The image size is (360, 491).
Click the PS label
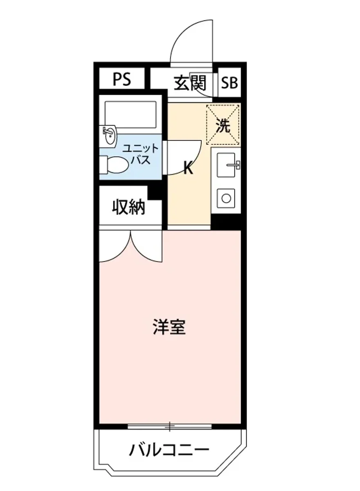(x=122, y=79)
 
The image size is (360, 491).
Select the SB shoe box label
(x=229, y=83)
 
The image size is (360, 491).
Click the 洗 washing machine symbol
(x=223, y=125)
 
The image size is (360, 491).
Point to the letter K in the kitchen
(x=188, y=168)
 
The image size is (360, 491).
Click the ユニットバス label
(x=140, y=154)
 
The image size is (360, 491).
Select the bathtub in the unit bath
(x=130, y=111)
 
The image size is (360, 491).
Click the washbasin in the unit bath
(x=110, y=135)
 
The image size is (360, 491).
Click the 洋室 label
(x=169, y=327)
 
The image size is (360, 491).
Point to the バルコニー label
(x=169, y=451)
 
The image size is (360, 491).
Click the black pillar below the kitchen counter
(x=226, y=221)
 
